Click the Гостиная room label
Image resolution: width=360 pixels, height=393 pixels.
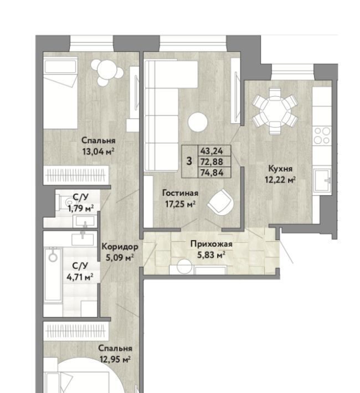tap(180, 193)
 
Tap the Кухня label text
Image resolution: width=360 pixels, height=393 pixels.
tap(280, 169)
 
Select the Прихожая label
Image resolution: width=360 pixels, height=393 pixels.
tap(211, 244)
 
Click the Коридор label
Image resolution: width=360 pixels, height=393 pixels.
tap(120, 247)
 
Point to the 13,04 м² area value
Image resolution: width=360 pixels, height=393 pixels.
tap(99, 152)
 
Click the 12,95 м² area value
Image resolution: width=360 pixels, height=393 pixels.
tap(115, 360)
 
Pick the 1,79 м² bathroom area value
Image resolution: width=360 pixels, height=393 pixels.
tap(81, 208)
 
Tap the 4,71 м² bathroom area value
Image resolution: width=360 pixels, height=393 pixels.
tap(80, 277)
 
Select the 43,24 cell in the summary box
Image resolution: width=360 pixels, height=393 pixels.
tap(214, 151)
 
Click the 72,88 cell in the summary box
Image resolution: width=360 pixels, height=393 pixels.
tap(214, 162)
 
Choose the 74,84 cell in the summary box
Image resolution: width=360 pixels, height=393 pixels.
tap(214, 173)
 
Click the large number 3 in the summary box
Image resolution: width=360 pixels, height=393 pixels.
tap(189, 161)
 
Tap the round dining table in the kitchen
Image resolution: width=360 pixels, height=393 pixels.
tap(275, 111)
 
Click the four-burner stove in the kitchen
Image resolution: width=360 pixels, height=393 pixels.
tap(322, 136)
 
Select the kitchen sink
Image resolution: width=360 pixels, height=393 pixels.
tap(322, 180)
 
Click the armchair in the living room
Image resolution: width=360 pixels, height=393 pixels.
tap(221, 202)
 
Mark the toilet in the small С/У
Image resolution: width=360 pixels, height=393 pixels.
tap(65, 201)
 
